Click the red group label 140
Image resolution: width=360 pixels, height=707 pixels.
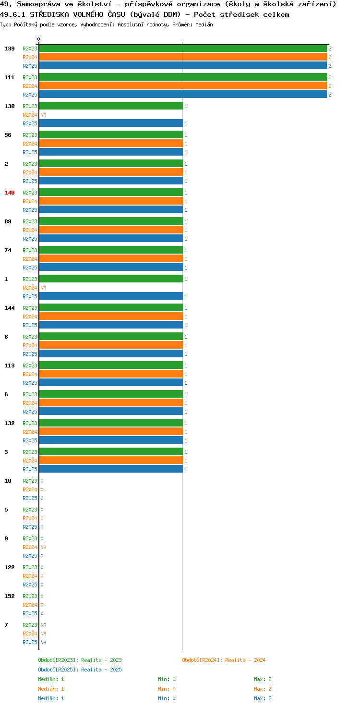click(x=10, y=193)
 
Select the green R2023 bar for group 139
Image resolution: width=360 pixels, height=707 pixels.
click(x=183, y=49)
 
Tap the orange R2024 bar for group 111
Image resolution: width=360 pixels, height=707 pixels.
click(x=183, y=86)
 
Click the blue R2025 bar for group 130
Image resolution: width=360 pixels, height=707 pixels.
click(x=111, y=123)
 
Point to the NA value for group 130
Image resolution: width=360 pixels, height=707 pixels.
click(x=44, y=115)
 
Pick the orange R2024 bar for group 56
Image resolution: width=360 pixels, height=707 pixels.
click(x=111, y=144)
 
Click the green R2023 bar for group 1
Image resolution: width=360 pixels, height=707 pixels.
click(x=111, y=279)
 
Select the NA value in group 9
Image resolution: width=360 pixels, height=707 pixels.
click(x=44, y=547)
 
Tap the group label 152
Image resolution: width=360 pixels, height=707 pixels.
click(x=10, y=596)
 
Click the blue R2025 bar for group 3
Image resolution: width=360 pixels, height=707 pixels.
click(x=111, y=469)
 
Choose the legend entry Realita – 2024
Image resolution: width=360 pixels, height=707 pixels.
click(x=224, y=660)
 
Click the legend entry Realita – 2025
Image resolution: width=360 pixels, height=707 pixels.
click(x=80, y=670)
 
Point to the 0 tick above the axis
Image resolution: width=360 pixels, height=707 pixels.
click(x=38, y=39)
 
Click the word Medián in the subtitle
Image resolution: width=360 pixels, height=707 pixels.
click(x=204, y=24)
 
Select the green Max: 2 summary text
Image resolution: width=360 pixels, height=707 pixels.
click(x=263, y=679)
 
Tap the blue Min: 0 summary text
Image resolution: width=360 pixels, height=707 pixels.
click(x=167, y=698)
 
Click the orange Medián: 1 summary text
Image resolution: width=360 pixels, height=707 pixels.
click(x=51, y=689)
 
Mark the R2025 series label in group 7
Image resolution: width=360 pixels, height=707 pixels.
click(x=30, y=642)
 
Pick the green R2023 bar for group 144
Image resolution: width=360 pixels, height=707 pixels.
click(x=111, y=307)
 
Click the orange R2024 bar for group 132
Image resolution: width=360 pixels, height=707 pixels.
click(x=111, y=431)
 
